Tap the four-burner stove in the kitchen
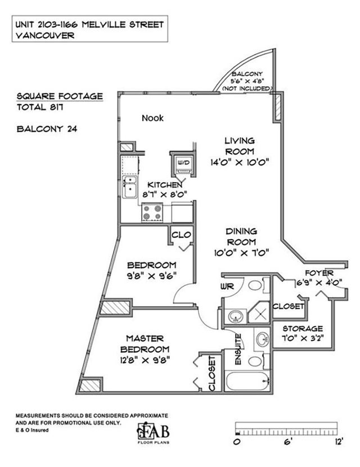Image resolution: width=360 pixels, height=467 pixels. click(152, 212)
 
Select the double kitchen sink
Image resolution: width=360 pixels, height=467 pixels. click(129, 187)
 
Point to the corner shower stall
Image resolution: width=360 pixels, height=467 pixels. click(259, 312)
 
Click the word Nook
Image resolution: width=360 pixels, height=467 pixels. click(152, 118)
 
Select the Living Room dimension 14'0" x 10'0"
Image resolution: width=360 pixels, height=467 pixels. click(240, 162)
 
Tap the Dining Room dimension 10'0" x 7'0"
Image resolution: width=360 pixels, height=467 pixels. click(241, 253)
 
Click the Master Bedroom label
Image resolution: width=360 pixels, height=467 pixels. click(145, 344)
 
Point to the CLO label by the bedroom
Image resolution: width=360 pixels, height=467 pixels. click(181, 235)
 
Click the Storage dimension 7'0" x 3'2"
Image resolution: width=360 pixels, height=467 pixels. click(303, 339)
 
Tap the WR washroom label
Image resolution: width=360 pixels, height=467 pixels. click(227, 286)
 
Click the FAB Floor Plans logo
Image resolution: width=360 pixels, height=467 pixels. click(154, 433)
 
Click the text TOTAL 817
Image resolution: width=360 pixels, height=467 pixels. click(40, 107)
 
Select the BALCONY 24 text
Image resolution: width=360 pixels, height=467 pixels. click(47, 129)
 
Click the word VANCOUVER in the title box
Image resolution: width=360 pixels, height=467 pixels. click(45, 35)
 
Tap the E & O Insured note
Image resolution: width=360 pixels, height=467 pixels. click(32, 430)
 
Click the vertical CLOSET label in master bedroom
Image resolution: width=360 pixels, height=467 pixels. click(212, 374)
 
